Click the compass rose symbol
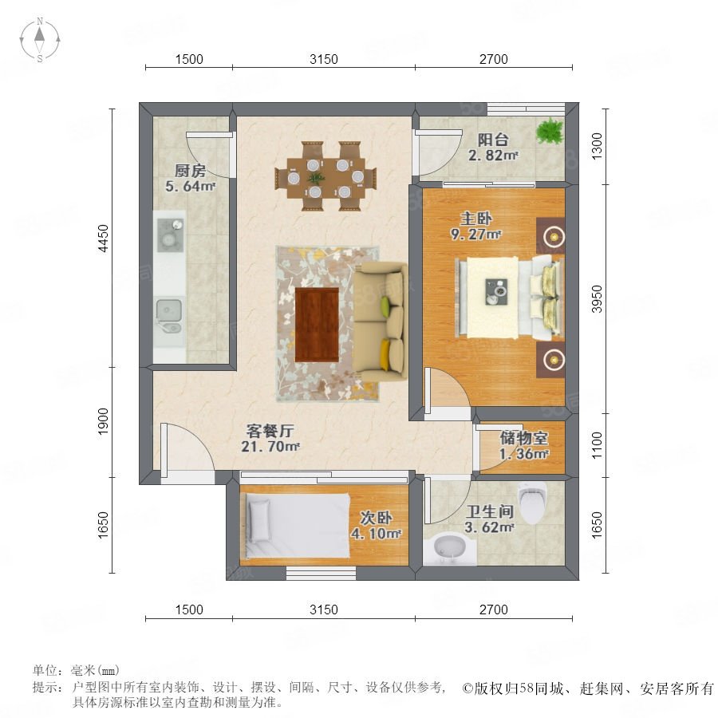tap(40, 40)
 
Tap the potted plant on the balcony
tap(550, 131)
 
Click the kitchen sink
tap(169, 315)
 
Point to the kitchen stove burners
tap(171, 235)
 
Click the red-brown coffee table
tap(317, 324)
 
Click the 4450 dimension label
tap(104, 238)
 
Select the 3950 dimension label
tap(597, 299)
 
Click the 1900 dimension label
tap(104, 421)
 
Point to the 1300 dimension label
tap(597, 146)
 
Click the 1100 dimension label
tap(597, 445)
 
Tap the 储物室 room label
tap(523, 438)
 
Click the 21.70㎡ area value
tap(270, 447)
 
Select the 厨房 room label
tap(190, 171)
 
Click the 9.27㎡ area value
tap(475, 234)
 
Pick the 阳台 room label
tap(493, 140)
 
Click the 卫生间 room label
tap(490, 511)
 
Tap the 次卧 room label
tap(376, 518)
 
